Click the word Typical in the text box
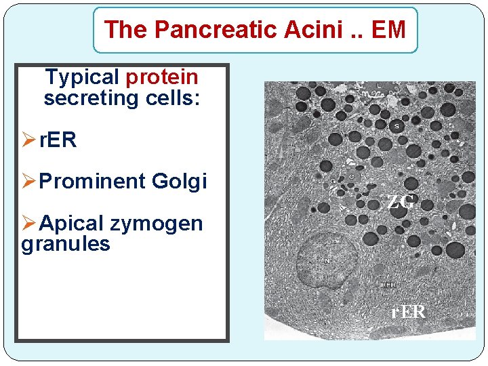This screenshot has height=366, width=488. click(81, 78)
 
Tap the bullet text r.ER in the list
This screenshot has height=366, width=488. click(58, 140)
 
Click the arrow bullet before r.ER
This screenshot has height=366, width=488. click(29, 140)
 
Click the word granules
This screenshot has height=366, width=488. click(66, 243)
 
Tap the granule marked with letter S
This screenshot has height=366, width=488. click(396, 125)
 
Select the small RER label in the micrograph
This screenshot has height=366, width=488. click(388, 285)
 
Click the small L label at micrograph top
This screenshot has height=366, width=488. click(378, 85)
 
